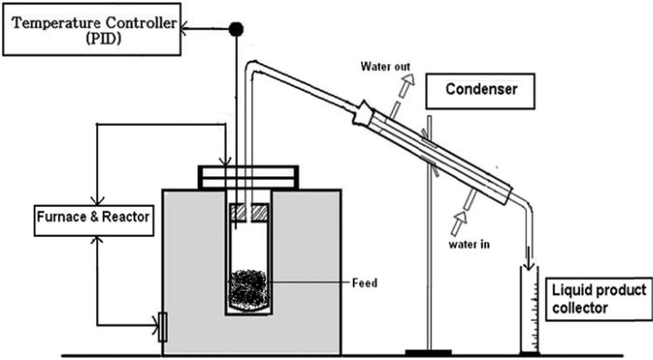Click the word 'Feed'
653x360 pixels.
[365, 282]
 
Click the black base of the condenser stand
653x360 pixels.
[429, 353]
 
